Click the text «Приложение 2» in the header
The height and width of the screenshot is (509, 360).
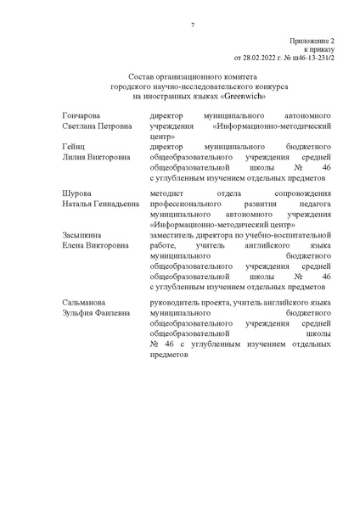coord(313,40)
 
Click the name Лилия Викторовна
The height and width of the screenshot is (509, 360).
coord(93,158)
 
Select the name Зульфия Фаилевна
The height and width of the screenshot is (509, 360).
coord(95,314)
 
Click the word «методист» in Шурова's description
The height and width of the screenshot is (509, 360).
coord(166,195)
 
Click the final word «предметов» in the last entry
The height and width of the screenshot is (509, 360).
coord(167,355)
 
